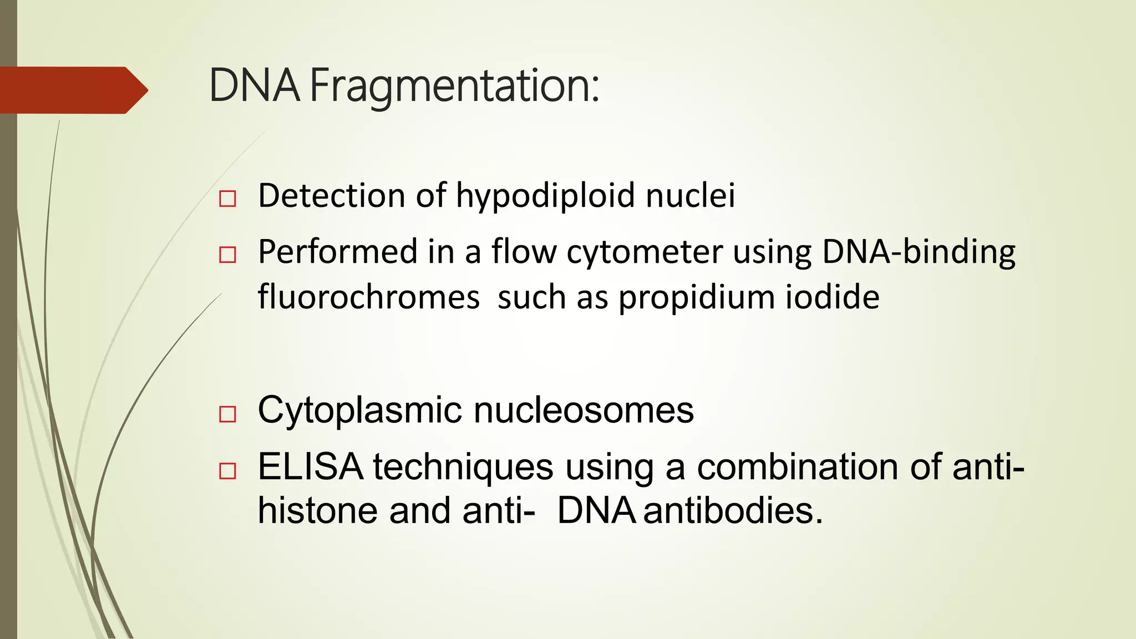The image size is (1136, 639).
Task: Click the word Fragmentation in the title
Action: pyautogui.click(x=454, y=87)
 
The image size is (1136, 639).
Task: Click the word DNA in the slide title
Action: pyautogui.click(x=255, y=86)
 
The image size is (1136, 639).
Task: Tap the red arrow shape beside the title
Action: pyautogui.click(x=72, y=90)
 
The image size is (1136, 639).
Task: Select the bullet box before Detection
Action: pyautogui.click(x=227, y=199)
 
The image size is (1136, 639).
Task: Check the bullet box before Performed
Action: pyautogui.click(x=227, y=255)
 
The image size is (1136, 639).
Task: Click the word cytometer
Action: pyautogui.click(x=644, y=252)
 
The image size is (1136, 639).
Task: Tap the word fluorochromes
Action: pyautogui.click(x=368, y=297)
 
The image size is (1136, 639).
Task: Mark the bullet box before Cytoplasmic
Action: pyautogui.click(x=227, y=414)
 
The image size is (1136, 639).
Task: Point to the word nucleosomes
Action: pyautogui.click(x=584, y=410)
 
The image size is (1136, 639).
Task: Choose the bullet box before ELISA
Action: pyautogui.click(x=227, y=471)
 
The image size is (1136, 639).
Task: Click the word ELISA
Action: pyautogui.click(x=311, y=466)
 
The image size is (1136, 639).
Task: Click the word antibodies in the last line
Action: pyautogui.click(x=733, y=510)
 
